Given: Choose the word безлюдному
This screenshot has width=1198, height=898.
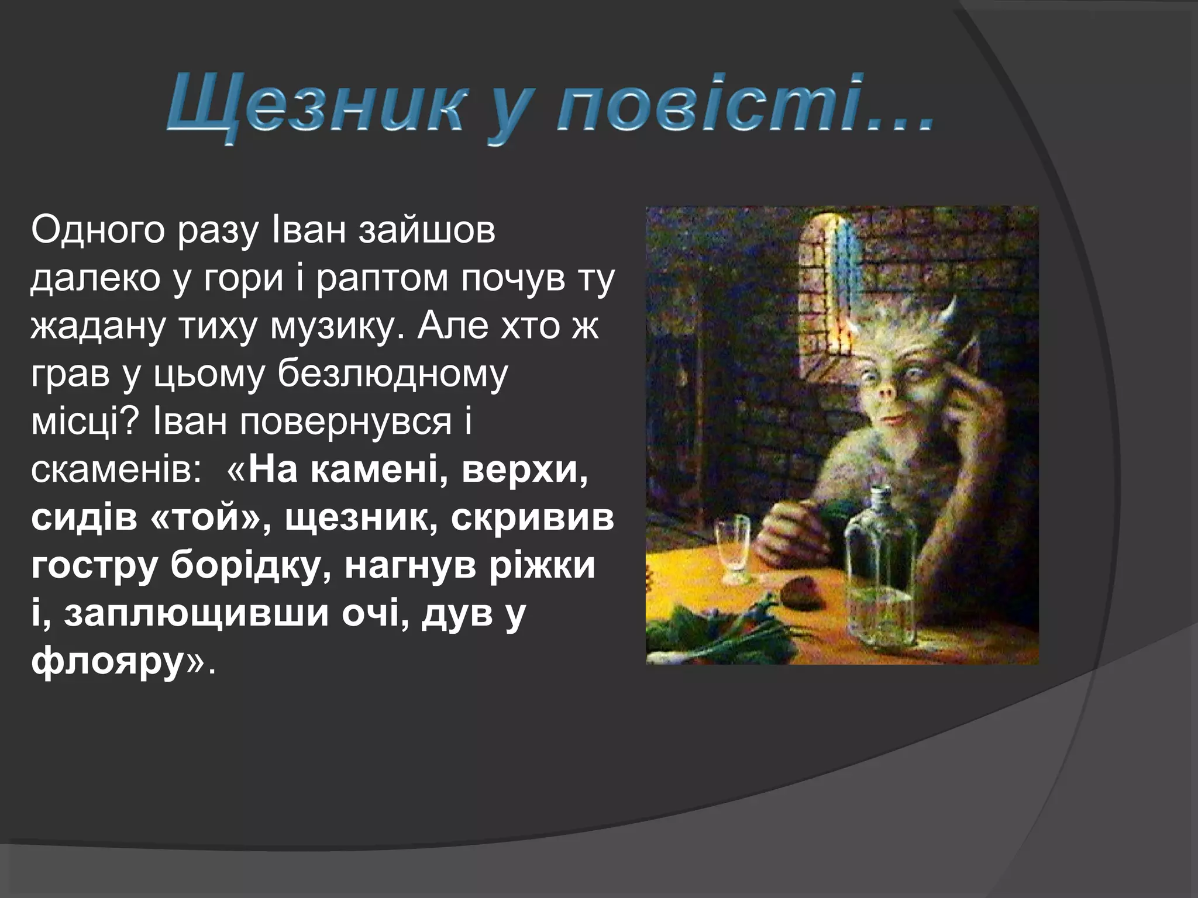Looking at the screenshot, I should tap(393, 374).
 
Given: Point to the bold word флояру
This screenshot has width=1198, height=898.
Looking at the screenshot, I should tap(108, 662).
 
